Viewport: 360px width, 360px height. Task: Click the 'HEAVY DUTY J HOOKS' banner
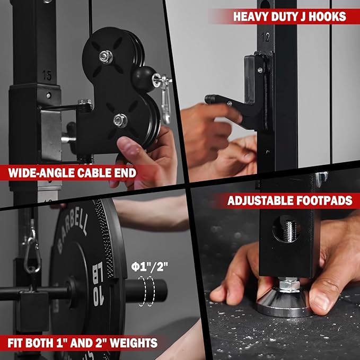click(288, 16)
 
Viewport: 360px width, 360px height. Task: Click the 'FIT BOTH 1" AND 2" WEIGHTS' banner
click(80, 343)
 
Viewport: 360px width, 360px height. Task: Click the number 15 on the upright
click(47, 76)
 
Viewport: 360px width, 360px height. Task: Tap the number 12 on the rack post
click(266, 38)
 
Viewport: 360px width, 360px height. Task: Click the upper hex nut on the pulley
click(106, 55)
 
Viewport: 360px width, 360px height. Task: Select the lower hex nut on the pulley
click(120, 120)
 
